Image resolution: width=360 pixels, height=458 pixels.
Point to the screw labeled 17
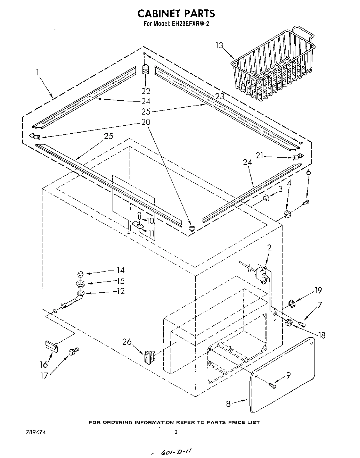(x=74, y=352)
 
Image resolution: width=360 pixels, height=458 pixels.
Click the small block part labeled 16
(x=51, y=345)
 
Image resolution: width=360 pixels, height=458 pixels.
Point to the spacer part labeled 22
(x=145, y=69)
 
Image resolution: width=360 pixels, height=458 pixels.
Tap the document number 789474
(x=36, y=433)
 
